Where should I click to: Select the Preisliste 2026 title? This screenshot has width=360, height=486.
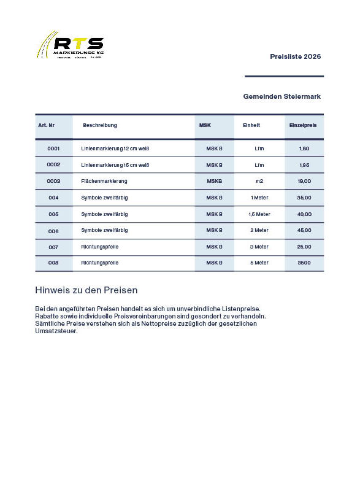295,56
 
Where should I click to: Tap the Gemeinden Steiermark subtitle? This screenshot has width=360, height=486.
281,96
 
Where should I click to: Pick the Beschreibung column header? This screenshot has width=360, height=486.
100,125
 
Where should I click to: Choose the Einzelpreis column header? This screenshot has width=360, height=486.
303,125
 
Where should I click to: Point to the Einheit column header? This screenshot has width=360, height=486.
251,125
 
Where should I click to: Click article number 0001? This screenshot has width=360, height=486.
53,148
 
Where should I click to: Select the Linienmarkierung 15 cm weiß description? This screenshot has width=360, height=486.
115,165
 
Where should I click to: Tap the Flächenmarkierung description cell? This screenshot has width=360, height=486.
104,181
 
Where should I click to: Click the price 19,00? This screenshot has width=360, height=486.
304,181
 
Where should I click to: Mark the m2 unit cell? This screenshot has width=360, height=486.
259,181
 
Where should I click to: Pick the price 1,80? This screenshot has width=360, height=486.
304,148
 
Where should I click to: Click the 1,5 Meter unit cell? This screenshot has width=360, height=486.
259,214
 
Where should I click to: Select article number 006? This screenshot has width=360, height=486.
53,231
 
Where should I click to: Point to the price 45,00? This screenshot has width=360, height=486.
304,230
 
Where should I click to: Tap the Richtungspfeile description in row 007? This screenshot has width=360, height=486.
100,247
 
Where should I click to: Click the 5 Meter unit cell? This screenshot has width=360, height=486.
259,263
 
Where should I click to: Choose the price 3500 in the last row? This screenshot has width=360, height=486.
304,263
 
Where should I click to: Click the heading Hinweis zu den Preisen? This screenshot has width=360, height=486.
86,290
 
